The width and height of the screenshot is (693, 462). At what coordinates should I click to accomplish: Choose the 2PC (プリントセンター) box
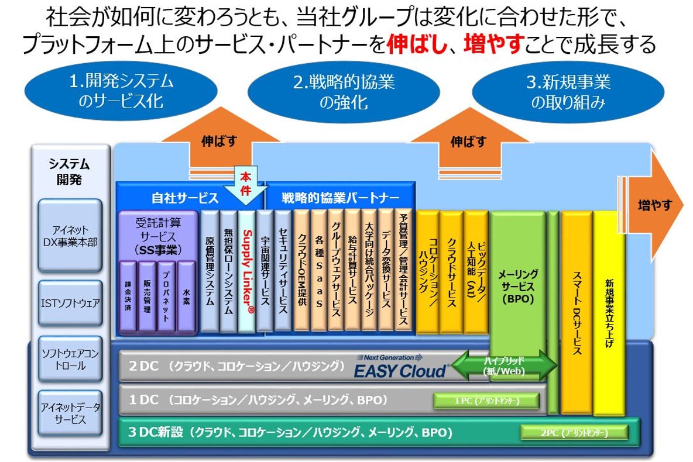coord(573,433)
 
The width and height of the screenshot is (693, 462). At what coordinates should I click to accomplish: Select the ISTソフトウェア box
coord(70,303)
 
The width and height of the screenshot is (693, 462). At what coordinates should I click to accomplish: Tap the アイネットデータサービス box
coord(70,412)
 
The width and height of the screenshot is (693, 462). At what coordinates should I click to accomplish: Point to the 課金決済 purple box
coord(128,298)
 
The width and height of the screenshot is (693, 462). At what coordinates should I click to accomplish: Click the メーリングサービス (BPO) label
coord(517,287)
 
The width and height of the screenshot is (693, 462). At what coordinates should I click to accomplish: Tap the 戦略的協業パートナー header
coord(340,198)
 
